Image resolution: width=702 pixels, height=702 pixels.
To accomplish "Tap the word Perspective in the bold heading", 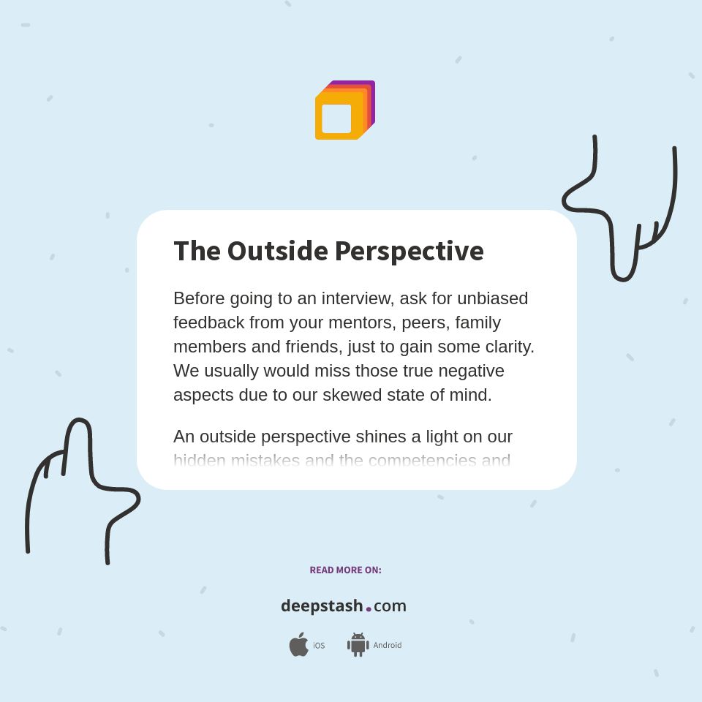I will (409, 252).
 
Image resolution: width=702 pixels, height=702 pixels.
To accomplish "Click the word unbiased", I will (493, 298).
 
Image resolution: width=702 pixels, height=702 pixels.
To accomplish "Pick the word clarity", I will (507, 347).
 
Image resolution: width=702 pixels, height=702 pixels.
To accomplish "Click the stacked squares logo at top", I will (344, 110).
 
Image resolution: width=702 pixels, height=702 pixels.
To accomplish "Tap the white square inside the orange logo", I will (336, 118).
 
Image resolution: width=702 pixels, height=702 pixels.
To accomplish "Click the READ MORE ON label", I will (345, 570).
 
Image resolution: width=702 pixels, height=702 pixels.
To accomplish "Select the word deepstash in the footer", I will (322, 606).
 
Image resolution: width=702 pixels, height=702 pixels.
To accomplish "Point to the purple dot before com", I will (369, 609).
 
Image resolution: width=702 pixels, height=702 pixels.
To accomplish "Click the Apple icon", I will (298, 645).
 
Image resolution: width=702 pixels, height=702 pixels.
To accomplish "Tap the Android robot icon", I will (358, 645).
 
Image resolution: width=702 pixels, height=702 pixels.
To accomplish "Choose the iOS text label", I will (319, 646).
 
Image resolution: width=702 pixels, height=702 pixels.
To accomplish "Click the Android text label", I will (387, 646).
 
